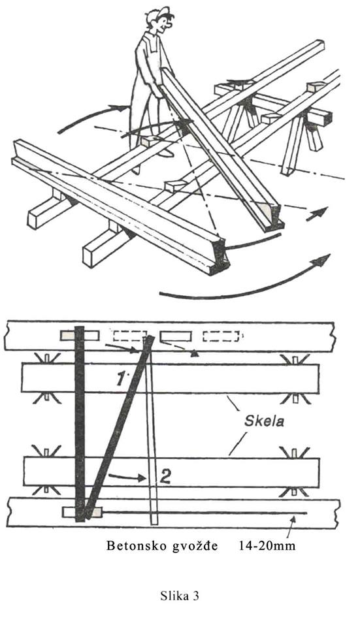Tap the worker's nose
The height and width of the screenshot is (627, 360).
coord(171,25)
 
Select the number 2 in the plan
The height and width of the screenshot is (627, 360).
coord(165,477)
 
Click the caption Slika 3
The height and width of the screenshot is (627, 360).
coord(180,596)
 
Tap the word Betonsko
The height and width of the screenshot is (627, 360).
coord(136,546)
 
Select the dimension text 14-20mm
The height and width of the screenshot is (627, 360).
coord(267,546)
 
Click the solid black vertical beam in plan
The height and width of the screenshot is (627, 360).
coord(80,424)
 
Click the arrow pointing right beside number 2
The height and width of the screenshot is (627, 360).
coord(126,477)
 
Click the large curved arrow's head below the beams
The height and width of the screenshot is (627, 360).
coord(323,260)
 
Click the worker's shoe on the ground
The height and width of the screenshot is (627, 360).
coord(136,169)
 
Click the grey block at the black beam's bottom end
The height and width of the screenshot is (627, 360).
coord(82,512)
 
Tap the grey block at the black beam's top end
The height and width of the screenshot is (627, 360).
coord(80,336)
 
